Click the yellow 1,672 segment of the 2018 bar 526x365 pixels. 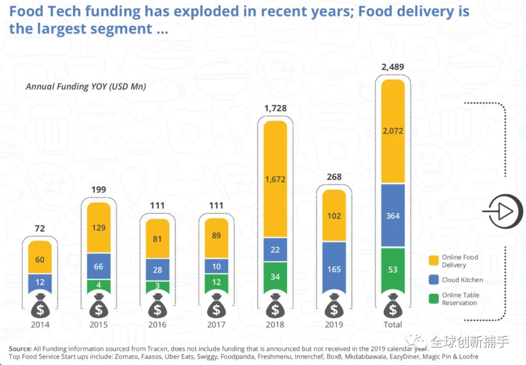(x=275, y=179)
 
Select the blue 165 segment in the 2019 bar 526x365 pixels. (x=334, y=269)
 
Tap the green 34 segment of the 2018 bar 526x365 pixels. (x=275, y=277)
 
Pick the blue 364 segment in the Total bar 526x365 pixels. (x=393, y=216)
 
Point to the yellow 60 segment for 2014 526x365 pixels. (x=39, y=259)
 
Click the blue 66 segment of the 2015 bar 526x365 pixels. (x=99, y=266)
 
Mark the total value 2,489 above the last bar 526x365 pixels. (x=393, y=67)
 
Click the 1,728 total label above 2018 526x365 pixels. (x=275, y=108)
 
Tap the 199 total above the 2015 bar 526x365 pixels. (x=98, y=190)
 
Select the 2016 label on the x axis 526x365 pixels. (x=157, y=325)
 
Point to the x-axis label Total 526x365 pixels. (x=393, y=325)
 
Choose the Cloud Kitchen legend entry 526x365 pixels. (x=462, y=280)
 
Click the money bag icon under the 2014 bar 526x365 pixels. (x=39, y=306)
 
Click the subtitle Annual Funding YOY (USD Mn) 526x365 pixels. (x=86, y=87)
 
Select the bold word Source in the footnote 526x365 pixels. (x=19, y=348)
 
